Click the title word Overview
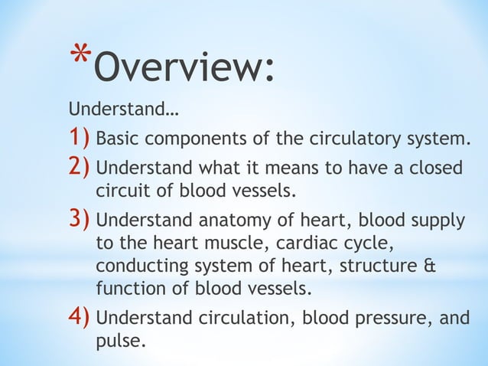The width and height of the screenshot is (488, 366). tap(182, 70)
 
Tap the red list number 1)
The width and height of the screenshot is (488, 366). tap(80, 140)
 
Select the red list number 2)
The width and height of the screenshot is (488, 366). tap(80, 167)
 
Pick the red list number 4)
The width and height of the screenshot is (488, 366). tap(80, 317)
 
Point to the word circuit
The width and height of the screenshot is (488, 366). tap(121, 189)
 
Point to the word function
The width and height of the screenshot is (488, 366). tap(125, 289)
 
